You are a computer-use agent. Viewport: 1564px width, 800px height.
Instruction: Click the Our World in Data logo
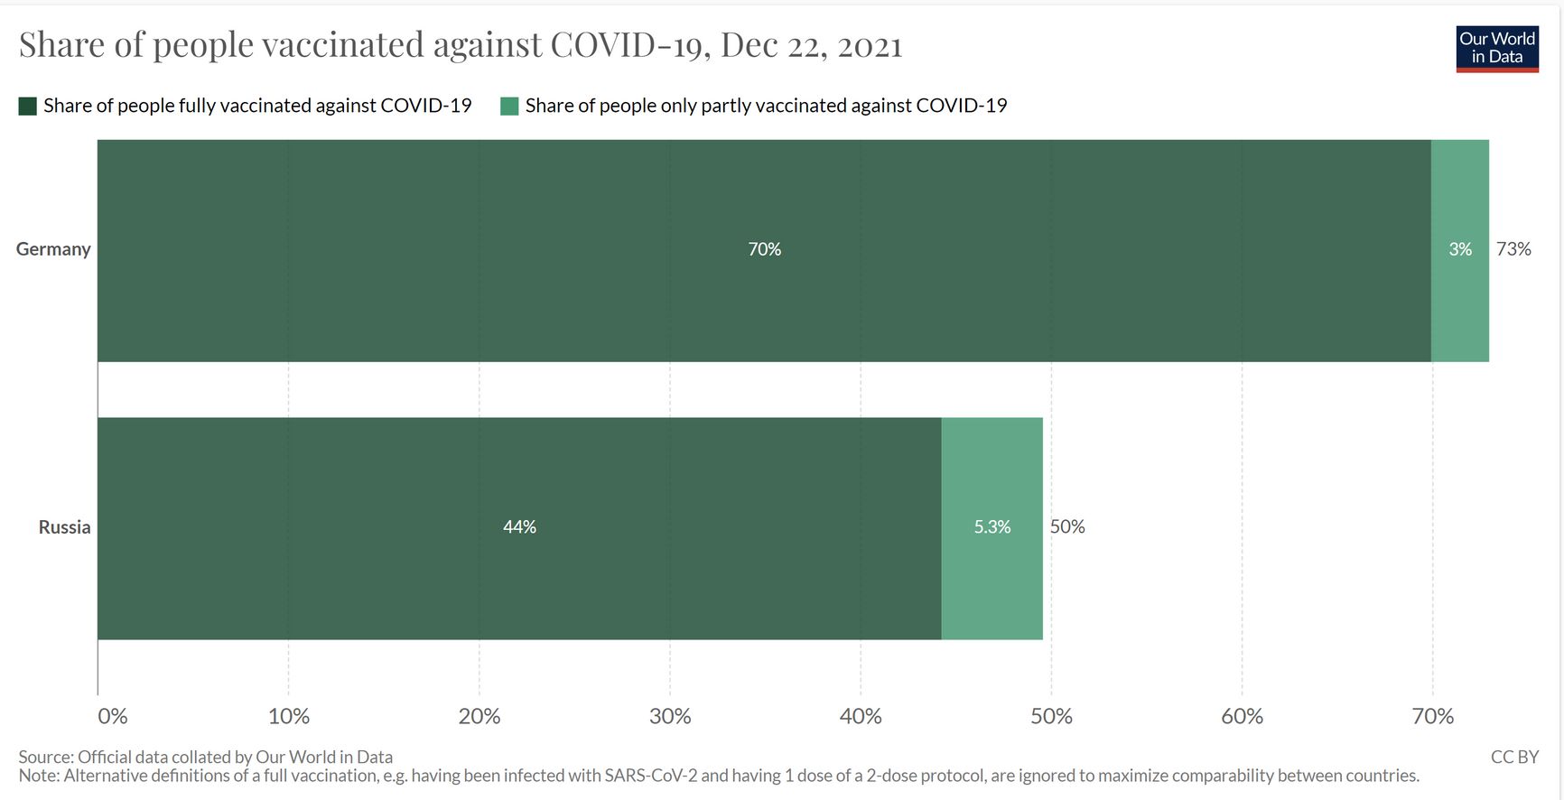1496,49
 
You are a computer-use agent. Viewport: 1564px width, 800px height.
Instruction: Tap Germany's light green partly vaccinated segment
1459,298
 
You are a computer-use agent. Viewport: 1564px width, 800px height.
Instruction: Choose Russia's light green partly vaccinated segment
991,578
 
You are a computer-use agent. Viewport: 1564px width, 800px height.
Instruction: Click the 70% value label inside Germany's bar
764,249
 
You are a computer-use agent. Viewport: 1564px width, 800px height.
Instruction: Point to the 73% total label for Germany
1513,249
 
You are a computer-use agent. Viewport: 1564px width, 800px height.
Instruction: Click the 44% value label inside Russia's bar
519,527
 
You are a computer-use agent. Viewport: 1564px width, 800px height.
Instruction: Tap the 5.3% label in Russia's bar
991,527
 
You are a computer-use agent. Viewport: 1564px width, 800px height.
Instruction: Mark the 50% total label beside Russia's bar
1067,527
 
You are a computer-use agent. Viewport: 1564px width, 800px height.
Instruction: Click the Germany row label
53,249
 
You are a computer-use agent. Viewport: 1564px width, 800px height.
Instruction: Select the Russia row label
64,527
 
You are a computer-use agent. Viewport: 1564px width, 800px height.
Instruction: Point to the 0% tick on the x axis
112,717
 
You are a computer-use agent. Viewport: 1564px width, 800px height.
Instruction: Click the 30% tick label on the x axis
669,717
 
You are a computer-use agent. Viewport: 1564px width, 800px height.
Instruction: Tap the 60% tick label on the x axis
1242,717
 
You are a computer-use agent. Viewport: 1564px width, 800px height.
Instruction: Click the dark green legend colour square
28,107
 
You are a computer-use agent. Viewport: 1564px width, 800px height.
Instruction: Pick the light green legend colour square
509,107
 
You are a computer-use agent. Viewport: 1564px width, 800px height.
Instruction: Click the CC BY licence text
1513,757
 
